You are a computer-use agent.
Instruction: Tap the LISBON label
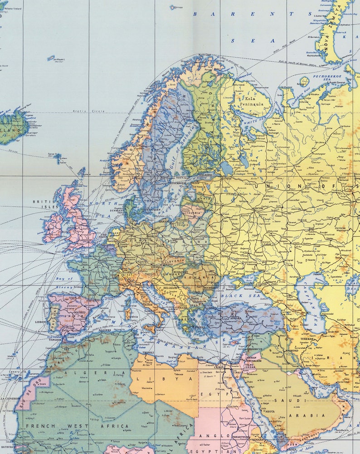coord(41,322)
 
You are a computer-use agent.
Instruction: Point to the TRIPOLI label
coord(148,352)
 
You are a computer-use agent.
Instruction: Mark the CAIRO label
coord(220,367)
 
